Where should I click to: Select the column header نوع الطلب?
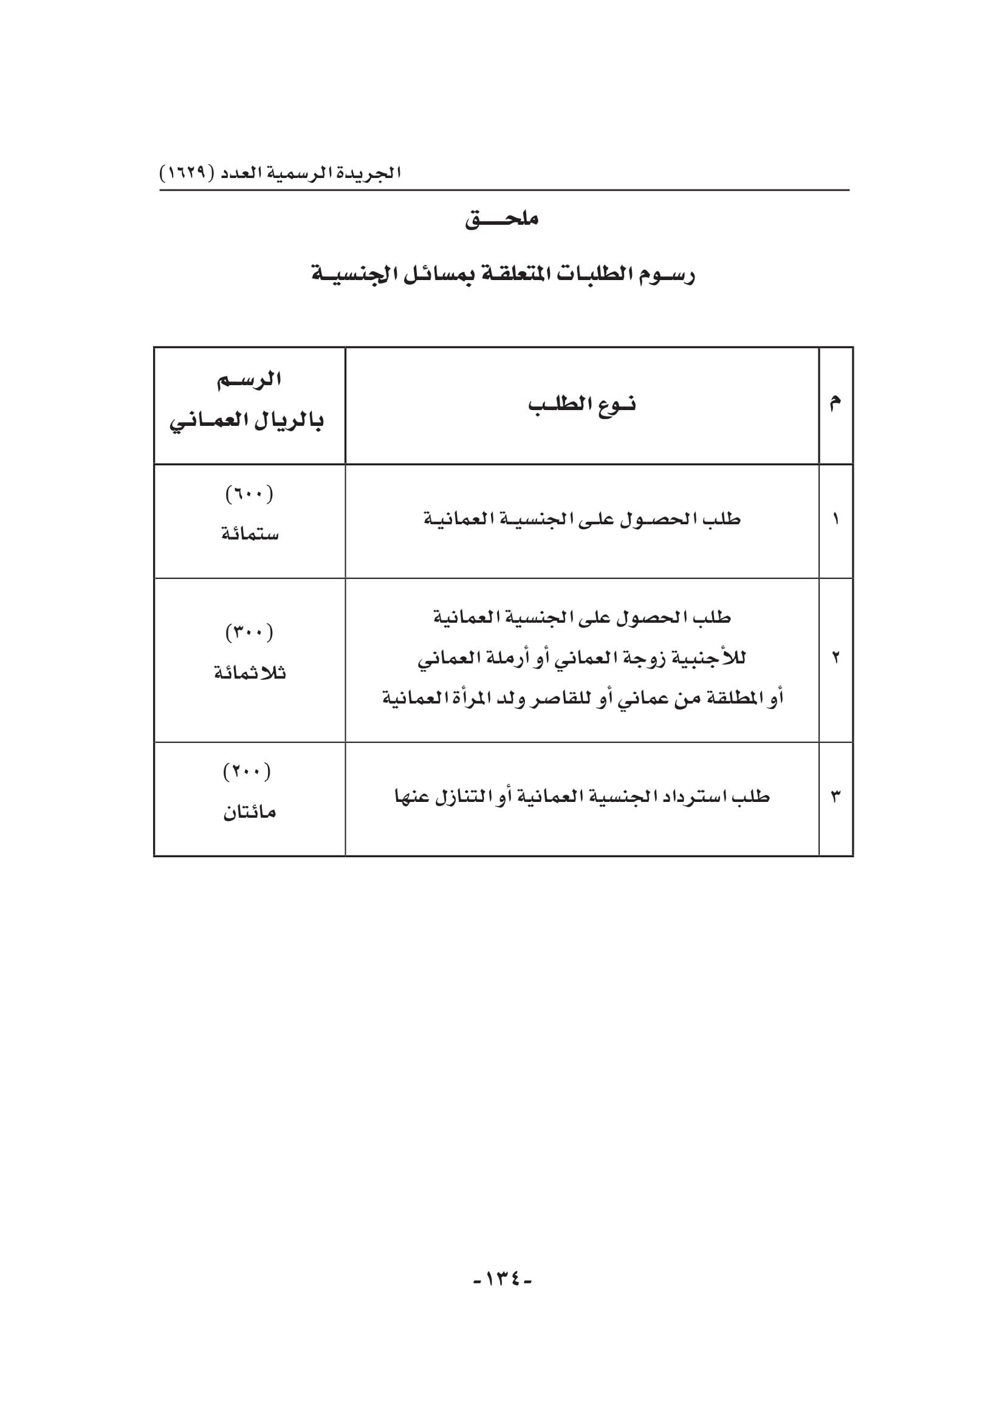click(581, 405)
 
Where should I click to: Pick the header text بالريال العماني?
click(247, 422)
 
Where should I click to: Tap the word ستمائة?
click(250, 533)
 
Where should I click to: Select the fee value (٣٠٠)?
click(249, 632)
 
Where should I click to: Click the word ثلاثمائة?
click(250, 673)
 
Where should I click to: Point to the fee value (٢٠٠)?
click(247, 771)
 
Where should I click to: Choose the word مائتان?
click(249, 812)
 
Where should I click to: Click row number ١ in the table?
click(835, 519)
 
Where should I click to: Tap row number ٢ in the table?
click(835, 657)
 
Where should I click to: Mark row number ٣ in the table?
click(835, 796)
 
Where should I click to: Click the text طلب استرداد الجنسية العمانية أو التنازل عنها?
click(581, 796)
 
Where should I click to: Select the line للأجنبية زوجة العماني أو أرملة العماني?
click(581, 658)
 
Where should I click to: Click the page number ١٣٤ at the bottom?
click(502, 1279)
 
